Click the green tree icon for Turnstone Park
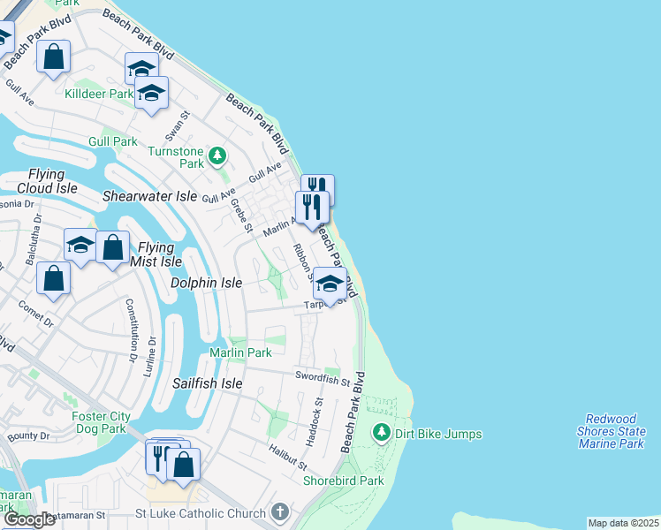pos(217,157)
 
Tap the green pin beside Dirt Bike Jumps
pos(381,433)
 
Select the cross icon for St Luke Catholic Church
pos(280,512)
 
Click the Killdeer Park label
pos(98,94)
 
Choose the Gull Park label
pos(113,141)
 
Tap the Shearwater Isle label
pos(149,196)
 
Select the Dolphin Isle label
pos(206,284)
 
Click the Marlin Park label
pos(240,352)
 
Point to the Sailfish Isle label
pos(207,383)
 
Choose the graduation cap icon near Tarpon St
pos(330,284)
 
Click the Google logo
pos(30,519)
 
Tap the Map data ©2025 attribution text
pos(623,523)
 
